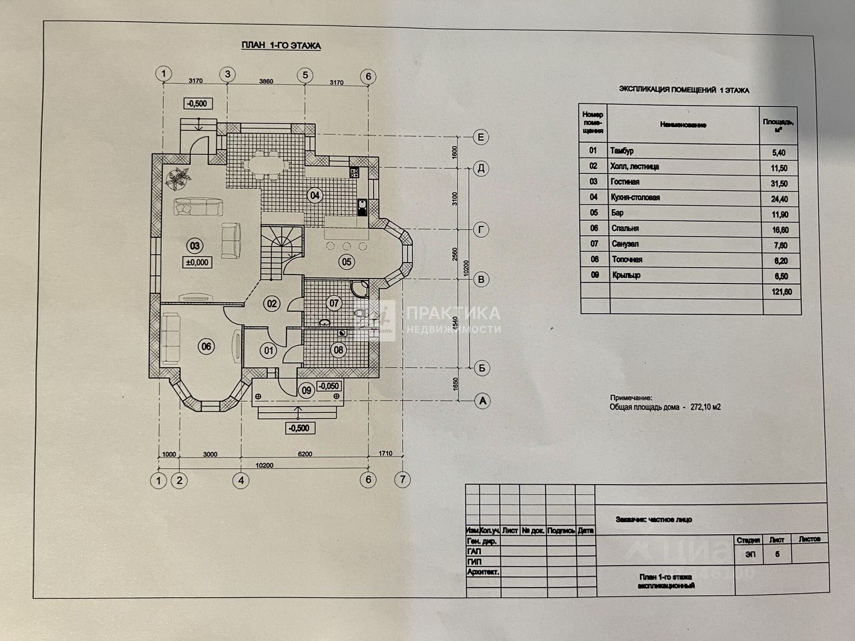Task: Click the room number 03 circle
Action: click(x=195, y=244)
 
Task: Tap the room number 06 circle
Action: click(x=206, y=346)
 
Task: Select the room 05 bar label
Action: click(x=345, y=261)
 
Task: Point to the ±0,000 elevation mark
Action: click(x=199, y=262)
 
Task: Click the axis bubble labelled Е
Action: click(x=480, y=138)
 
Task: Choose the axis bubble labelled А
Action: click(x=480, y=401)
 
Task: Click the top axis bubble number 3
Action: click(x=228, y=75)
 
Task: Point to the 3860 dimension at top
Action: click(x=266, y=81)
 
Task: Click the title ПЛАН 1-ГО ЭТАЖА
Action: click(x=281, y=46)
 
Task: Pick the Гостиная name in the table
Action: click(x=625, y=182)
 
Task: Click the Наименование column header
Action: click(x=683, y=125)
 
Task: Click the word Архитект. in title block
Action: click(x=483, y=572)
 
